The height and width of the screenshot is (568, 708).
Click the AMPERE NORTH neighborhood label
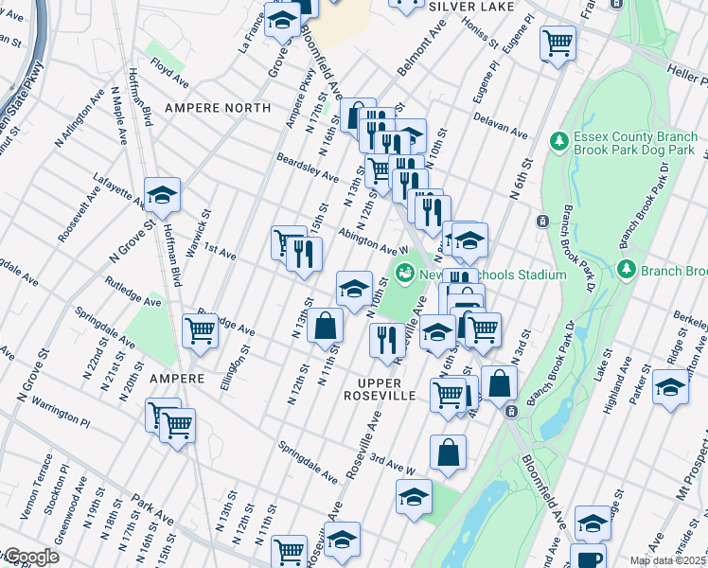click(x=218, y=108)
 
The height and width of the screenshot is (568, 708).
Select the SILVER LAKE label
click(x=471, y=6)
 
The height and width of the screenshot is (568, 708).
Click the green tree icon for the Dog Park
click(x=559, y=140)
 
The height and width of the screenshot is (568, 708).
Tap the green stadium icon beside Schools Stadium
click(x=405, y=274)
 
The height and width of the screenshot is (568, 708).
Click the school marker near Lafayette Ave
click(x=162, y=195)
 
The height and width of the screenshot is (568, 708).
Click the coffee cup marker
click(x=590, y=558)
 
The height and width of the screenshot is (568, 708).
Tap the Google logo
click(x=30, y=557)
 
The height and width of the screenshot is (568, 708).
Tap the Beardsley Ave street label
click(x=308, y=169)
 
